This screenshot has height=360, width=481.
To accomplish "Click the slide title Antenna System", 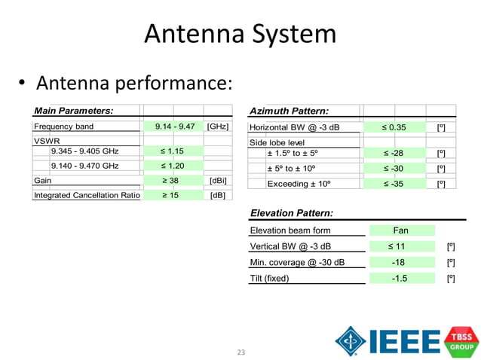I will [240, 34].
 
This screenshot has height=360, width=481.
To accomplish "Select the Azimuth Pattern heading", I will [289, 111].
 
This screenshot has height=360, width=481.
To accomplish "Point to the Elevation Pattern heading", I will [292, 214].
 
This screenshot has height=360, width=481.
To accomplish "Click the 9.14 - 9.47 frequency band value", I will [174, 127].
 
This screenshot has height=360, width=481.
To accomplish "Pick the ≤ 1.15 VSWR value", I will [174, 151].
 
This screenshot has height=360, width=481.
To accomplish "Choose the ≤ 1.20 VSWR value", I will [174, 166].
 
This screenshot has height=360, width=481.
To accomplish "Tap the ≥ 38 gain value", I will [174, 181].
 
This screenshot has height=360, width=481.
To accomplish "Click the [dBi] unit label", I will [217, 181].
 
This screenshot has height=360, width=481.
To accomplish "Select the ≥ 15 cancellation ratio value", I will [174, 196].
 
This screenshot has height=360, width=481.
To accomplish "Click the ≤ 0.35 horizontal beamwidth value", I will [395, 127].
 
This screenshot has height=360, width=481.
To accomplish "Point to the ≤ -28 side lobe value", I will [395, 154].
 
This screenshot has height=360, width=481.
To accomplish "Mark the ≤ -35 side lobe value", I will [395, 183].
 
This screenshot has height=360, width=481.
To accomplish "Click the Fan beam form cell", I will [401, 230].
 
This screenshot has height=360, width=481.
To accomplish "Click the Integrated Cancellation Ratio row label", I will [87, 196].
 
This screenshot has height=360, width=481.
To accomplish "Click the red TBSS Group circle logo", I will [461, 340].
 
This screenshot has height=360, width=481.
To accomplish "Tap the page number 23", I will [241, 352].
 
